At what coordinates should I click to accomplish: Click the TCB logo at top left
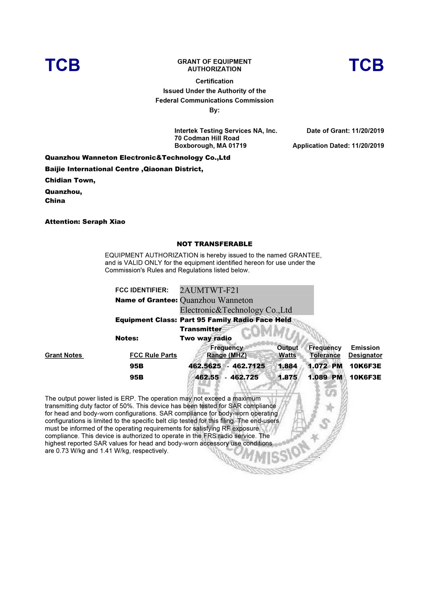coord(63,65)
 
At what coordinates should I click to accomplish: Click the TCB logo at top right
coord(366,65)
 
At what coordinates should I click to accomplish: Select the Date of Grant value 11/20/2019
coord(368,131)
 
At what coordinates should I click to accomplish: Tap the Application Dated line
coord(338,146)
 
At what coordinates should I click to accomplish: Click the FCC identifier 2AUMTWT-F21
coord(209,290)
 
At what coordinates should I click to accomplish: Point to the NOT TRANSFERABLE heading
coord(214,244)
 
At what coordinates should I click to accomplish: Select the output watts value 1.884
coord(287,366)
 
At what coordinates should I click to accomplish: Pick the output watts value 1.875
coord(287,377)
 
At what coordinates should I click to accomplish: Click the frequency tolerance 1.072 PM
coord(325,366)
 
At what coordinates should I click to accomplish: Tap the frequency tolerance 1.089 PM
coord(325,377)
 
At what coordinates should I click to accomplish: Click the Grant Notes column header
coord(64,355)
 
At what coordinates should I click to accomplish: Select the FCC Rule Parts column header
coord(153,355)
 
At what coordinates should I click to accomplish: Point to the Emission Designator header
coord(365,351)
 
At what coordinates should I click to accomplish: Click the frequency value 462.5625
coord(205,366)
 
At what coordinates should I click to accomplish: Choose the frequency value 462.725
coord(244,377)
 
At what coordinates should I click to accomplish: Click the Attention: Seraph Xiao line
coord(85,222)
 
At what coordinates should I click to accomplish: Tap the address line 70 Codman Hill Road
coord(207,138)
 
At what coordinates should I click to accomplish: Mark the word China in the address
coord(55,201)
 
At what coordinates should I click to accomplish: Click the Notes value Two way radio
coord(206,338)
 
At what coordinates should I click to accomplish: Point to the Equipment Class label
coord(146,320)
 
